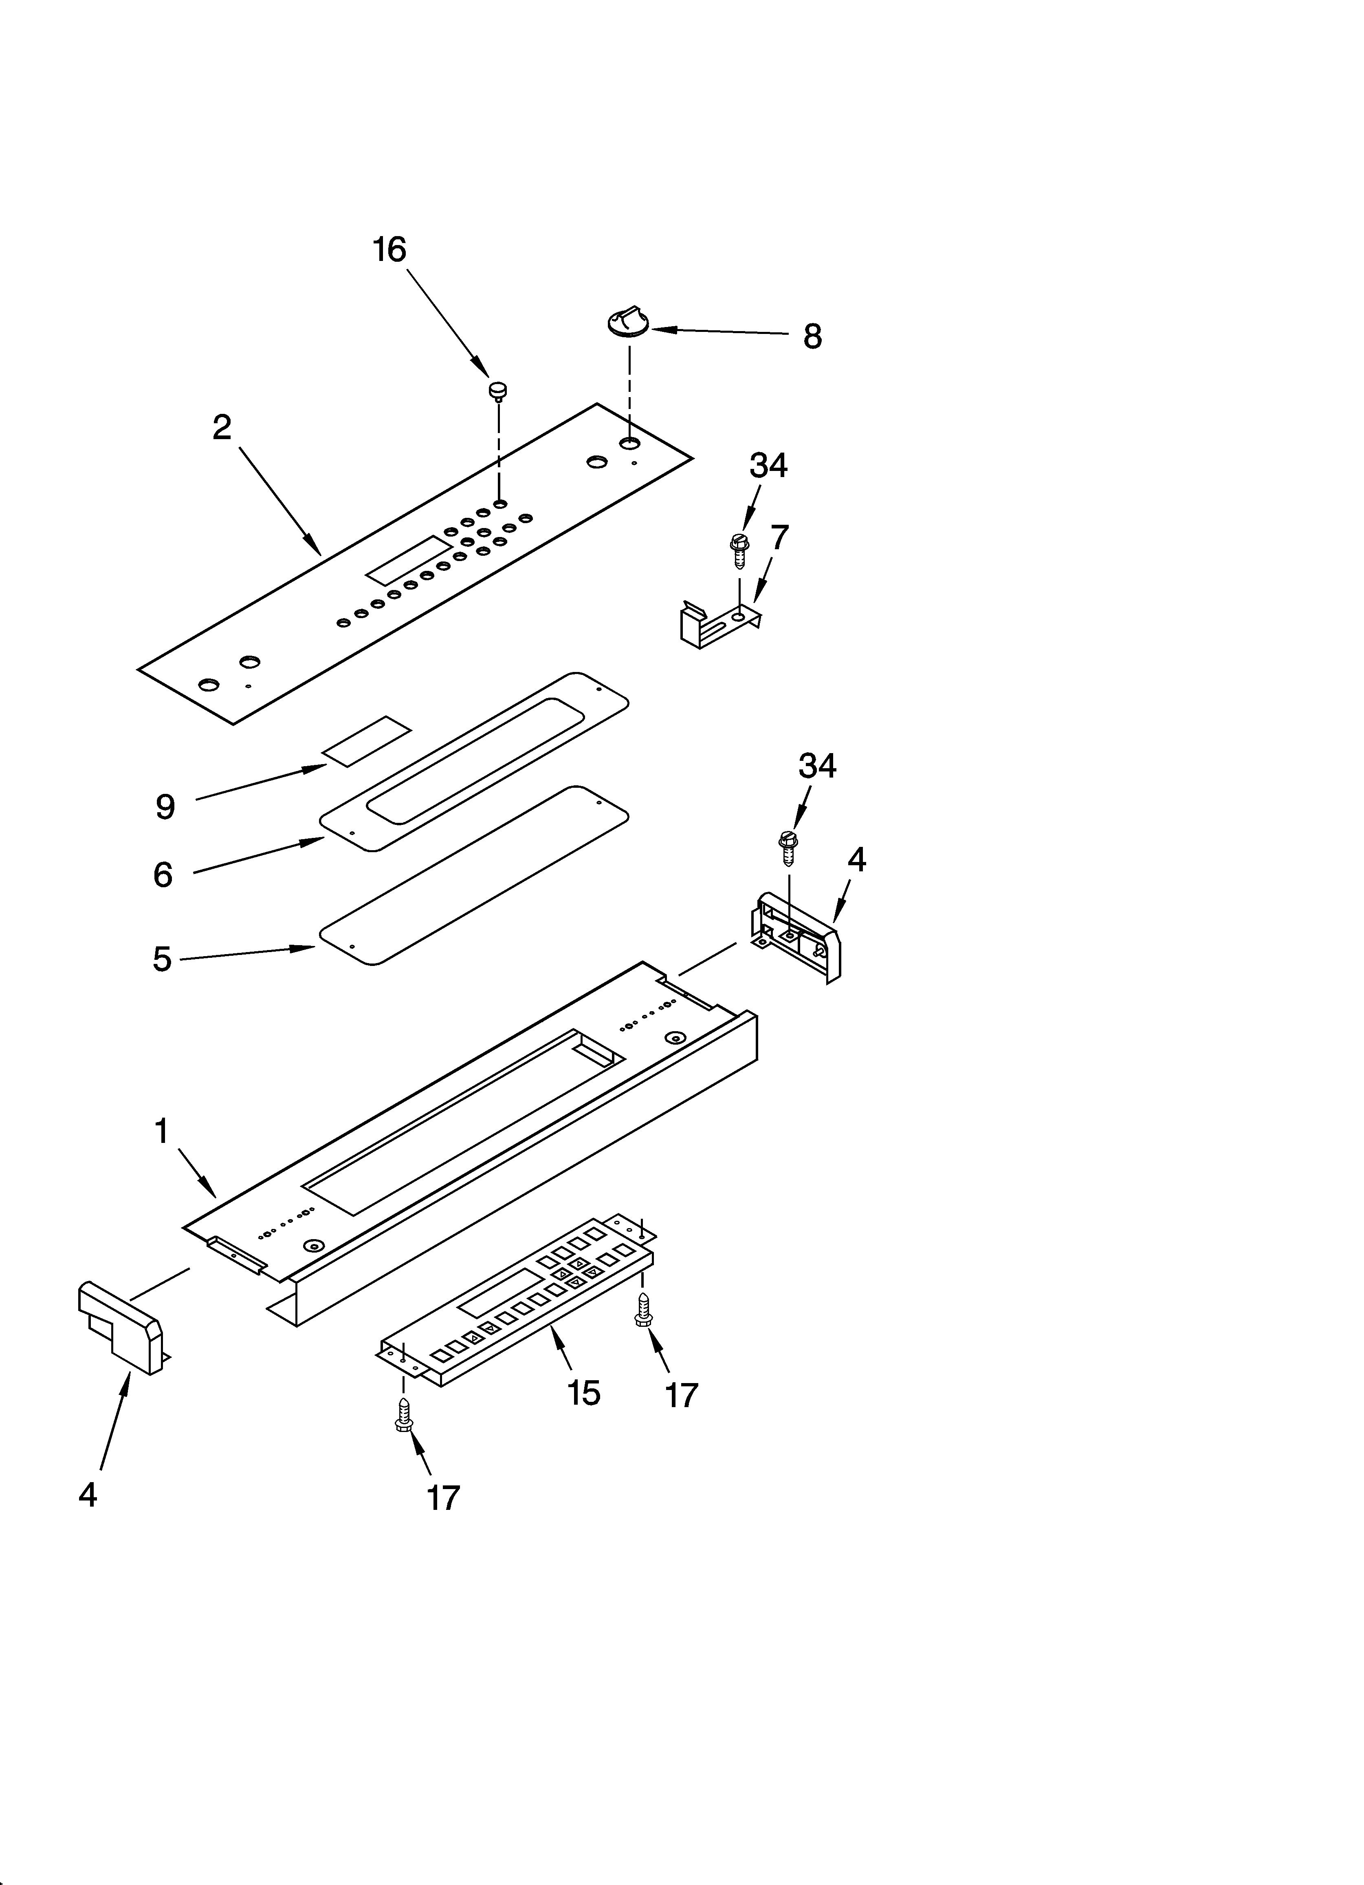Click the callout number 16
point(389,250)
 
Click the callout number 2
point(222,427)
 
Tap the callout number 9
point(165,807)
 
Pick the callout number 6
point(163,875)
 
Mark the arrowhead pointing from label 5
point(307,948)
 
